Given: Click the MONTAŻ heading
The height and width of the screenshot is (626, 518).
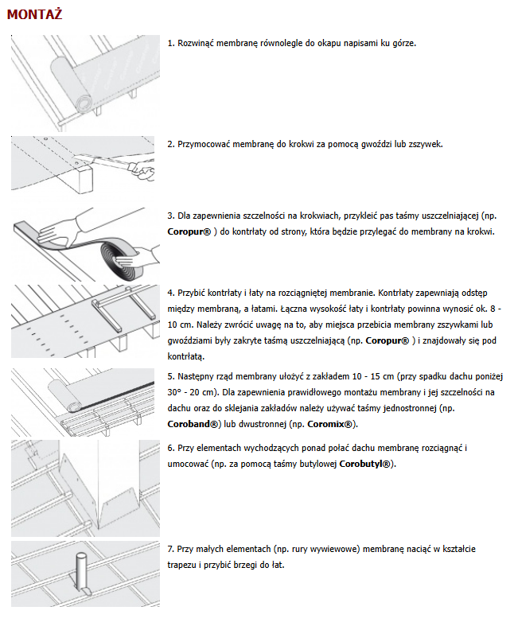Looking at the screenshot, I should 34,16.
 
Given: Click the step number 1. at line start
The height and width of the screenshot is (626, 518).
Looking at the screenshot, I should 171,43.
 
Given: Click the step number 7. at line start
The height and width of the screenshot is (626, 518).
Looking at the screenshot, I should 171,549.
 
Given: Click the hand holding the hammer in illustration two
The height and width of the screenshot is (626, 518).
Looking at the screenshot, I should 142,167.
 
